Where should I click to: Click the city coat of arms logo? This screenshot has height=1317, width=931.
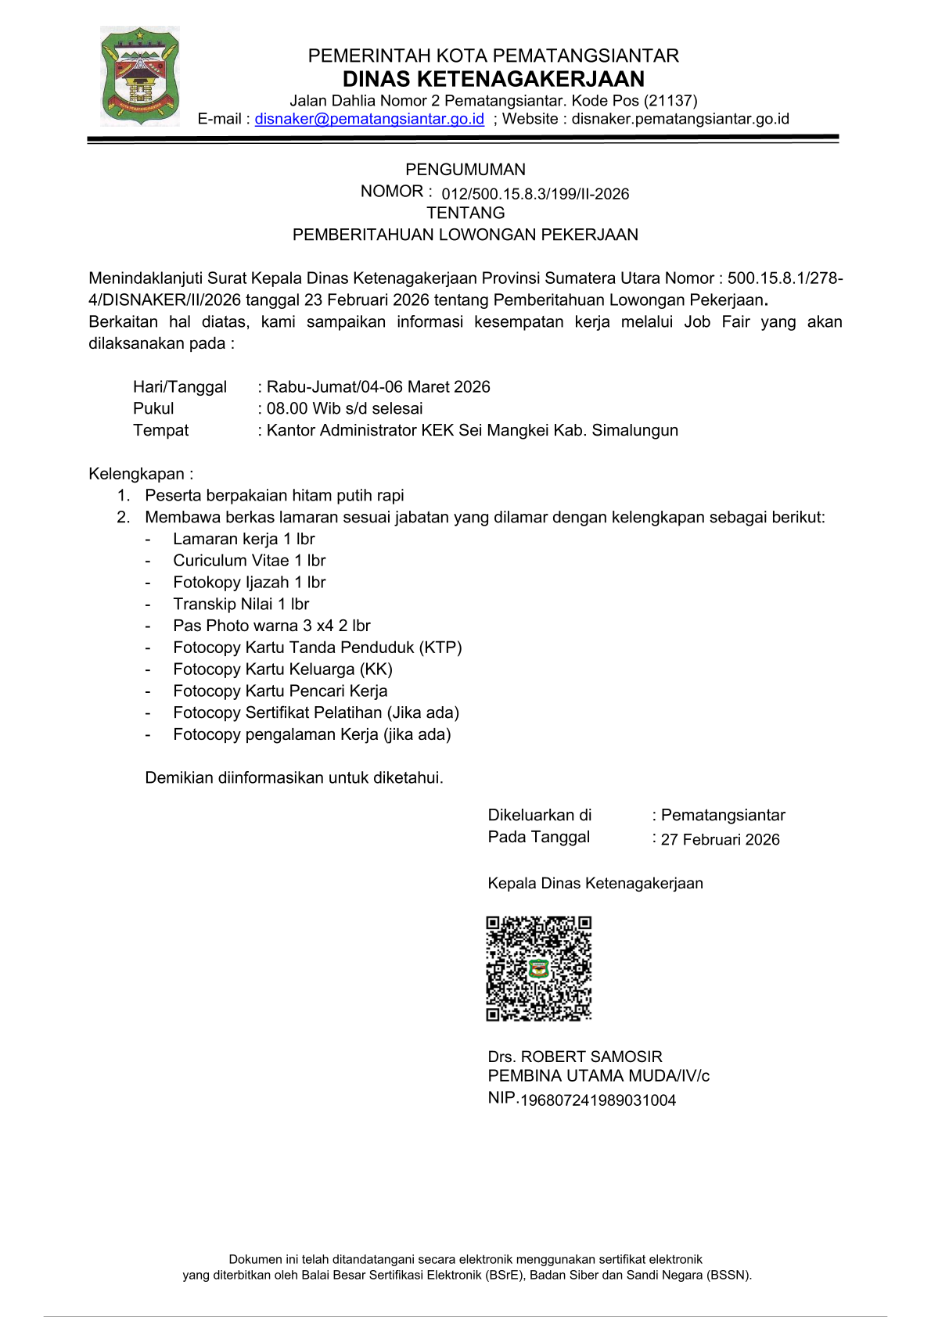pyautogui.click(x=140, y=76)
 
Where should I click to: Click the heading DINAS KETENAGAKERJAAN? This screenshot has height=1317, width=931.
pyautogui.click(x=493, y=79)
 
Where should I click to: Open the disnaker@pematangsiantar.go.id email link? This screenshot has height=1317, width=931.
pyautogui.click(x=369, y=119)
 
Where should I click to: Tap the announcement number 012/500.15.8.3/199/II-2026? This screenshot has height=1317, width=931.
pyautogui.click(x=535, y=194)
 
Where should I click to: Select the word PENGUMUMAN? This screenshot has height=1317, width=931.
pyautogui.click(x=465, y=170)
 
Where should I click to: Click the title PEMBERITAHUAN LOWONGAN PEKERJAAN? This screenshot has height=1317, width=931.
pyautogui.click(x=465, y=235)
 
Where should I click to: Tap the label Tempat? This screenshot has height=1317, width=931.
pyautogui.click(x=161, y=431)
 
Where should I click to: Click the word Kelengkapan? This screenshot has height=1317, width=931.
pyautogui.click(x=137, y=474)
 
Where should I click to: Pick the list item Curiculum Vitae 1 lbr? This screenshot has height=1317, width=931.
pyautogui.click(x=249, y=561)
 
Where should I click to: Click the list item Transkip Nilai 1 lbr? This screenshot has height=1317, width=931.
pyautogui.click(x=241, y=605)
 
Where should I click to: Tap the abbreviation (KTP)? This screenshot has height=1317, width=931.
pyautogui.click(x=440, y=648)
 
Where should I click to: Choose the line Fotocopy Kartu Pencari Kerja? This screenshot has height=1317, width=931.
pyautogui.click(x=280, y=691)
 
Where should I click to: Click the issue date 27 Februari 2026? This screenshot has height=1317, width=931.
pyautogui.click(x=720, y=840)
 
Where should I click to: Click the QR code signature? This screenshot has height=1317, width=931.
pyautogui.click(x=539, y=969)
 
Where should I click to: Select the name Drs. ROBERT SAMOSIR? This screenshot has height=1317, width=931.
pyautogui.click(x=575, y=1057)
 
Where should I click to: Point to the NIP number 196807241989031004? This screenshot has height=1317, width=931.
pyautogui.click(x=598, y=1101)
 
